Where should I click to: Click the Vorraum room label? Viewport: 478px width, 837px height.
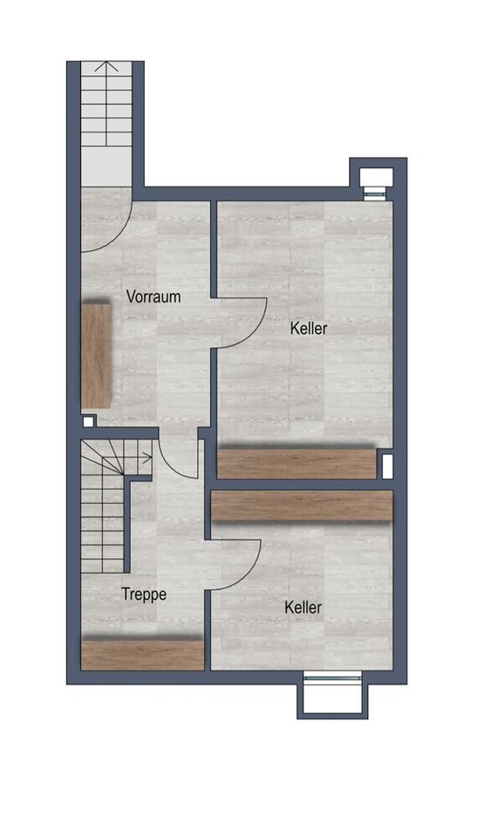pos(154,296)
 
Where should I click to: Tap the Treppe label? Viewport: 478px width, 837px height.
pos(144,595)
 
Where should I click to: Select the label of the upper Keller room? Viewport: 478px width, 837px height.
pos(309,329)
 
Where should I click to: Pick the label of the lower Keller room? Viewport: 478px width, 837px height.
pos(304,608)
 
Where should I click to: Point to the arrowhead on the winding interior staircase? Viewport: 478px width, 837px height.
pos(147,458)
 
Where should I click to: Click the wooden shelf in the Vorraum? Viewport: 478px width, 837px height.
pos(96,356)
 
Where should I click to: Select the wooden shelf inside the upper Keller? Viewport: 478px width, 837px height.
pos(297,464)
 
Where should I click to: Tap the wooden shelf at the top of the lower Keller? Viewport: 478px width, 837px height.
pos(303,506)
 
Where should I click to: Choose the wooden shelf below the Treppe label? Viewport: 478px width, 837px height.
pos(142,656)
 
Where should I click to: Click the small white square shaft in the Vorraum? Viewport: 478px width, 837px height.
pos(88,422)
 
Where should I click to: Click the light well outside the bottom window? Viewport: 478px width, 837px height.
pos(332,697)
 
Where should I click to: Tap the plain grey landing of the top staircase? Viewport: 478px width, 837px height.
pos(106,166)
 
